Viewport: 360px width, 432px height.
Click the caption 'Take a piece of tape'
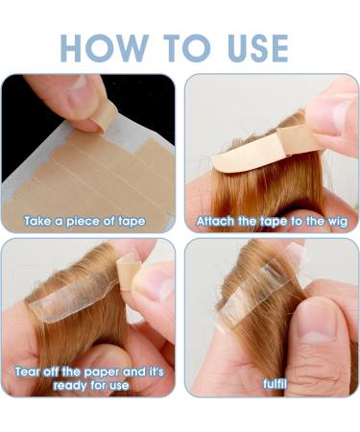pos(86,222)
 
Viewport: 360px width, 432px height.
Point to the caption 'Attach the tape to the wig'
pos(271,222)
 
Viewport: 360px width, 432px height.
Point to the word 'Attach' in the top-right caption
pos(215,222)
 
